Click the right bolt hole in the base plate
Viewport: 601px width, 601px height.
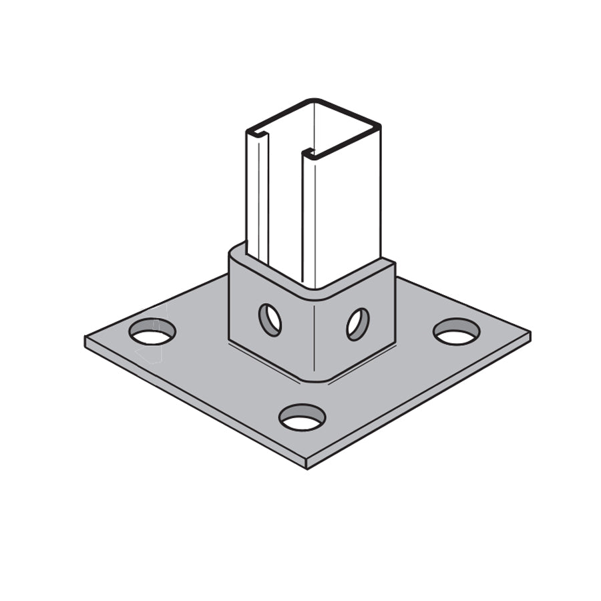pos(457,331)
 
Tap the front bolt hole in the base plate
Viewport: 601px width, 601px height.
pos(302,418)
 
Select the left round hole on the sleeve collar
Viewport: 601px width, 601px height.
pos(270,320)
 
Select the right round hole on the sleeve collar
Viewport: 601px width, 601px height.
pos(357,323)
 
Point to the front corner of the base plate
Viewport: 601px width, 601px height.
pos(307,463)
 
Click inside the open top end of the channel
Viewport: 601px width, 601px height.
pos(314,127)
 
